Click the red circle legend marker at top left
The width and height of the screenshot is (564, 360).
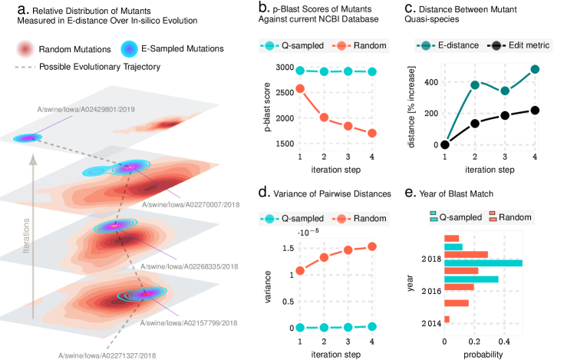[x=25, y=50]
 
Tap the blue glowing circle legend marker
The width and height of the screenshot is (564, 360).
[x=130, y=49]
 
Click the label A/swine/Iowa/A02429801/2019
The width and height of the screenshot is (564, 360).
[x=86, y=110]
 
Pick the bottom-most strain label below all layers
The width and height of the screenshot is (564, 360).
[x=107, y=355]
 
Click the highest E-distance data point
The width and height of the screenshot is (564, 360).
[x=535, y=69]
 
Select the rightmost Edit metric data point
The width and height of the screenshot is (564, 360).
[x=535, y=110]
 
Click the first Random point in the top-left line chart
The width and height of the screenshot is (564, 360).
[x=300, y=89]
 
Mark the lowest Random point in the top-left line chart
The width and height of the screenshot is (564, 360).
[x=372, y=133]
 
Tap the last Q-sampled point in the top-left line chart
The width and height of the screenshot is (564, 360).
[x=372, y=72]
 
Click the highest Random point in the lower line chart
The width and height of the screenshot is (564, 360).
[x=373, y=246]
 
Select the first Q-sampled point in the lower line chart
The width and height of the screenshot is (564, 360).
[x=300, y=327]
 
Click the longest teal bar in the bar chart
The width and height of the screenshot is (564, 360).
[x=483, y=263]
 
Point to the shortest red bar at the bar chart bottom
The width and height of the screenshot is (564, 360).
[x=447, y=319]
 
